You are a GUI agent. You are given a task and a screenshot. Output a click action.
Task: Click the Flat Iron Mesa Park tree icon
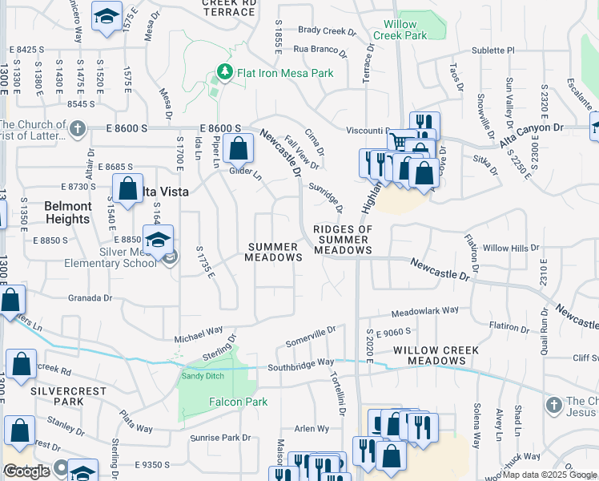click(226, 73)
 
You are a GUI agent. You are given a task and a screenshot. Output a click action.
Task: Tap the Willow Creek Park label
click(400, 30)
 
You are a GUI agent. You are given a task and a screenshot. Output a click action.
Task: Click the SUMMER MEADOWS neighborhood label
click(275, 252)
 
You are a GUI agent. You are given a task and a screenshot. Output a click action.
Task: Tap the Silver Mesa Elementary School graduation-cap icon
click(159, 240)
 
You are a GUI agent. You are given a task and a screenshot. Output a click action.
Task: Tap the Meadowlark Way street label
click(424, 310)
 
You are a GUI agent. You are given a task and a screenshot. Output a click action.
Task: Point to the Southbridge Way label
click(300, 362)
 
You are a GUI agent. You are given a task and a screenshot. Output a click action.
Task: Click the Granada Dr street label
click(89, 297)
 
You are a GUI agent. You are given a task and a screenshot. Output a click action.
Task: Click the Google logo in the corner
click(26, 472)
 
